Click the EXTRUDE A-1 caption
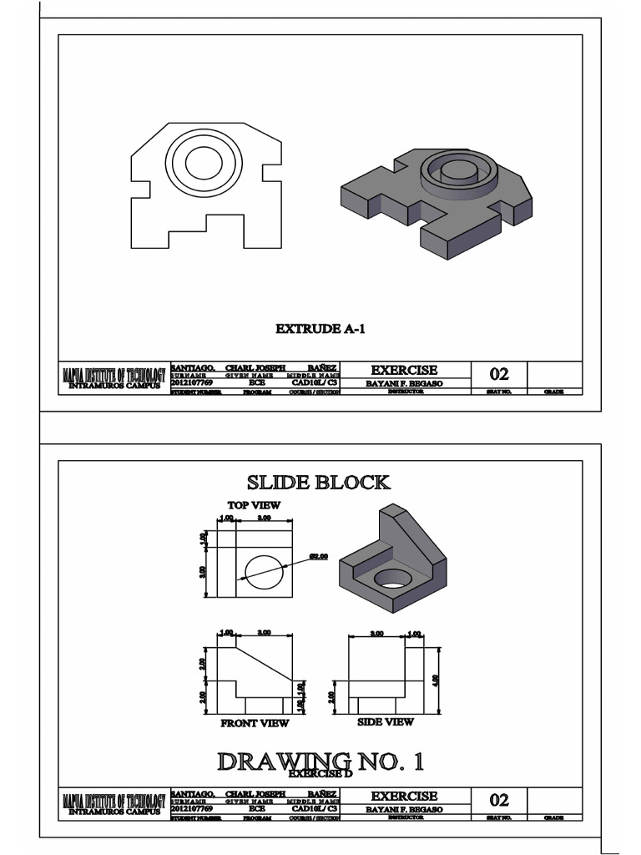pos(320,329)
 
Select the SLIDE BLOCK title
pos(317,483)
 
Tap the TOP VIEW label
pos(254,505)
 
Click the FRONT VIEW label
pos(255,723)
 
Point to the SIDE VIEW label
pos(385,721)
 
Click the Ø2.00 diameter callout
pos(319,555)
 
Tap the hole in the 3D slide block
pos(391,577)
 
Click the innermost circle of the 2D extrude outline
pos(203,163)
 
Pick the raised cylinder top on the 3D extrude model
pos(457,169)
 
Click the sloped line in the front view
pos(265,661)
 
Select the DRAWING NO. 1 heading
pos(320,761)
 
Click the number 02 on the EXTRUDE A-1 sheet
pos(499,374)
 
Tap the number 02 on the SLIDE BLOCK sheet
pos(499,800)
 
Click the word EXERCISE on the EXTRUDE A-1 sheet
pos(404,370)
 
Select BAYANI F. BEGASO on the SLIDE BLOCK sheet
pos(404,809)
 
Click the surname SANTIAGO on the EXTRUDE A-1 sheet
pos(193,367)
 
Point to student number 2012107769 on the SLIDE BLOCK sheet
pos(193,809)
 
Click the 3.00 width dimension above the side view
pos(376,634)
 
